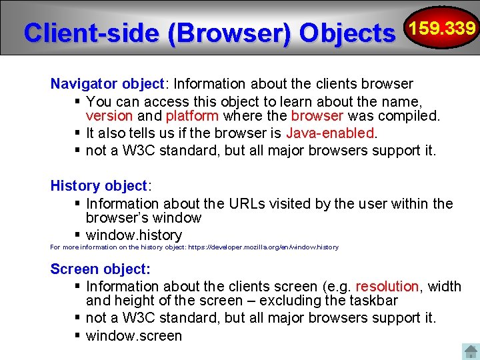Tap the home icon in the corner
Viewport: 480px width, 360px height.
coord(470,351)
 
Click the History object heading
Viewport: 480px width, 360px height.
coord(101,186)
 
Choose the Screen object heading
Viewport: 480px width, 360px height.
coord(100,269)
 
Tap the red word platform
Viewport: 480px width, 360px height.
coord(192,116)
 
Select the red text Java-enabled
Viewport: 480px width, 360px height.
coord(330,133)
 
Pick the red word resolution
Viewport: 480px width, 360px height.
coord(387,287)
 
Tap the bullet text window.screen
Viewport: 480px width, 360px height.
coord(134,336)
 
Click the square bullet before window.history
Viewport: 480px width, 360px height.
coord(78,235)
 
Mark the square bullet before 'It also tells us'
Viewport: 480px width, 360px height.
coord(78,133)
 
